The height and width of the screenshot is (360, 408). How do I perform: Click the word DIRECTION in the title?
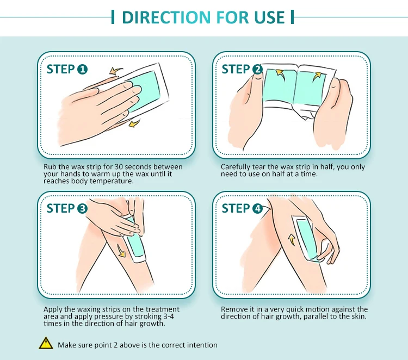coord(166,17)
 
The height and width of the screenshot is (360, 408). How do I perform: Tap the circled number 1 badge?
coord(83,70)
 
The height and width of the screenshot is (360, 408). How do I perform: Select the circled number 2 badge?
coord(258,70)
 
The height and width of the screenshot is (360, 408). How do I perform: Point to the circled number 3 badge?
coord(83,208)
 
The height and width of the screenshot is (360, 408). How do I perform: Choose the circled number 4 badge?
coord(258,208)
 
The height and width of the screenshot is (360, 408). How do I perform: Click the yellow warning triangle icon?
coord(46,343)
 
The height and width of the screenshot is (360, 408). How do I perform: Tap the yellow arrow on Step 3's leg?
coord(121,251)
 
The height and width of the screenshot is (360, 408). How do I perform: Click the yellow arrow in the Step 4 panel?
coord(292,240)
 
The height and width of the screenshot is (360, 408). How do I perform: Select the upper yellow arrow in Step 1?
coord(115,71)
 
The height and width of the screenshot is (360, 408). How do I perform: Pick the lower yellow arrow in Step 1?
coord(134,123)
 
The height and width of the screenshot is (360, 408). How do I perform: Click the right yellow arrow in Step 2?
coord(317,76)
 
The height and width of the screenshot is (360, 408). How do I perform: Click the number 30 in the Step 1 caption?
coord(119,167)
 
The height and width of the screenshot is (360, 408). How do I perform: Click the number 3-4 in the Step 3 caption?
coord(169,316)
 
